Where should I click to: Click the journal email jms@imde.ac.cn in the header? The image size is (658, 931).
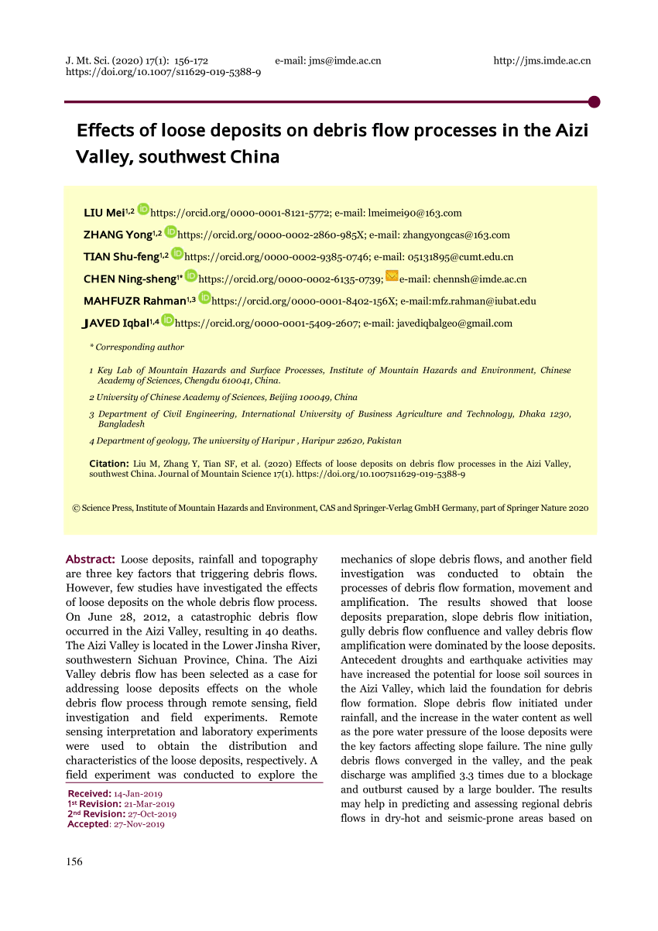tap(344, 60)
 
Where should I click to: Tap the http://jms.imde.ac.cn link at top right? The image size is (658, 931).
tap(542, 60)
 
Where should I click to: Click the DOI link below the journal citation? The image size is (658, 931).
tap(163, 72)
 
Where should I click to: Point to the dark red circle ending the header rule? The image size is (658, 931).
tap(595, 101)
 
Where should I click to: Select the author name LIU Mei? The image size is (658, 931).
tap(104, 213)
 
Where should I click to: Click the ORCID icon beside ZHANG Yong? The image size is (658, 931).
tap(170, 234)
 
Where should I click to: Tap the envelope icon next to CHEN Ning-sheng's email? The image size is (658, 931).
tap(392, 277)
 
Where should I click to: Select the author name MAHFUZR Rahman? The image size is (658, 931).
tap(134, 301)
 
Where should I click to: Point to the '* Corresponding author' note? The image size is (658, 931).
tap(137, 347)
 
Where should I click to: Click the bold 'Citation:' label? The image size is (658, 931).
tap(108, 464)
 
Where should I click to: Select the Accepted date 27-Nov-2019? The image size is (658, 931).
tap(139, 824)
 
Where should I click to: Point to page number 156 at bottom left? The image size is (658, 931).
tap(74, 861)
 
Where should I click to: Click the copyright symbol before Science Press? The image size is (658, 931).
tap(76, 508)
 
